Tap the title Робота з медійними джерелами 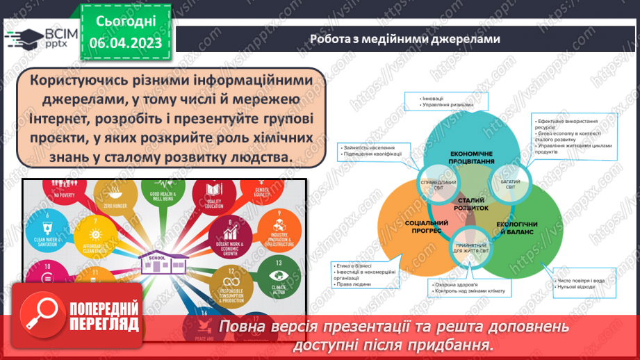(404, 39)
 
